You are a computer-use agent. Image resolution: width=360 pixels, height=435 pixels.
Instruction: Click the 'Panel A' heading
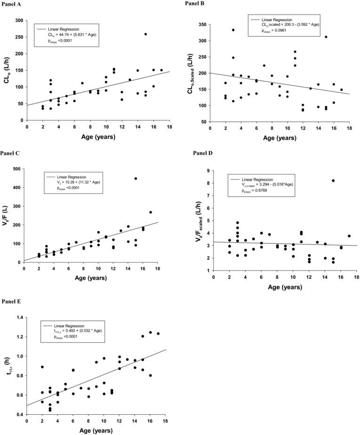click(13, 4)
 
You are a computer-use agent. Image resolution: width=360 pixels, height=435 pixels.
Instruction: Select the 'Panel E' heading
click(13, 301)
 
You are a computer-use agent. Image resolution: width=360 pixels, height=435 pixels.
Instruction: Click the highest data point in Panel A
click(145, 34)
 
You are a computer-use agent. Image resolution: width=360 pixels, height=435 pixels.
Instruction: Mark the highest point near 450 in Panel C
click(136, 178)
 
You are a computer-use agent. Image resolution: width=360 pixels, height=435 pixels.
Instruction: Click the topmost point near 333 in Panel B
click(233, 30)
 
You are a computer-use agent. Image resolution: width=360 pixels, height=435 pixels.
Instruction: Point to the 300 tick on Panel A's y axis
click(19, 21)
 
